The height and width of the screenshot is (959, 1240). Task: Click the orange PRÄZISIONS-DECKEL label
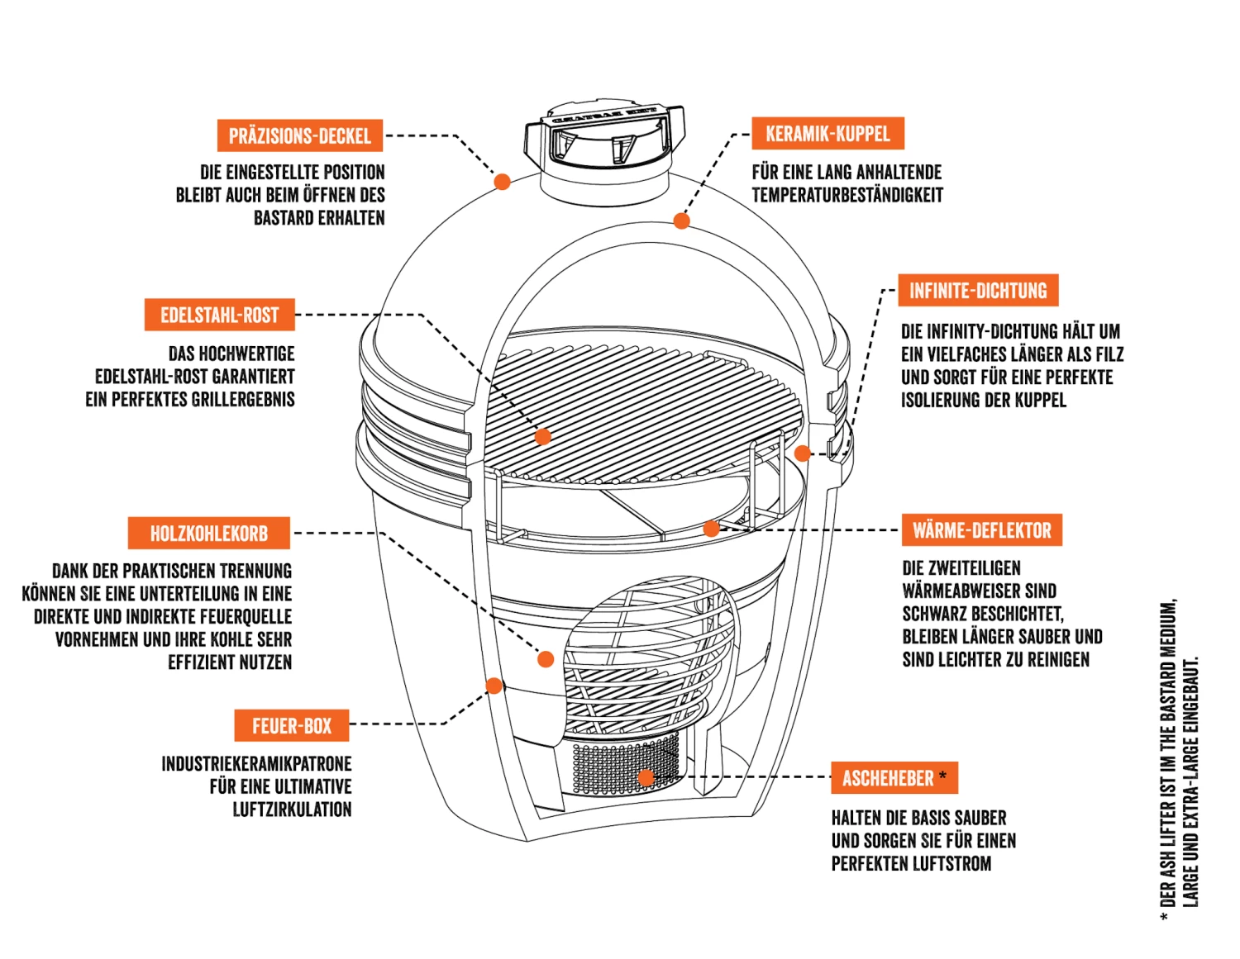pyautogui.click(x=299, y=135)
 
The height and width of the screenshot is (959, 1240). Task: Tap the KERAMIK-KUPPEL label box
pyautogui.click(x=827, y=134)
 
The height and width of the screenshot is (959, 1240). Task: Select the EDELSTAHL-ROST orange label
pyautogui.click(x=219, y=315)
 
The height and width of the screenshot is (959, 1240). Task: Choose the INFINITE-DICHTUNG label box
pyautogui.click(x=978, y=291)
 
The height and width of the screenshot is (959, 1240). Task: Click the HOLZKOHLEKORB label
pyautogui.click(x=208, y=534)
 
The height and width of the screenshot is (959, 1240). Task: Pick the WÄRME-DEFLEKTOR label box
pyautogui.click(x=981, y=530)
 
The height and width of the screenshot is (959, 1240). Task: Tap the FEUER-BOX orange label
pyautogui.click(x=291, y=726)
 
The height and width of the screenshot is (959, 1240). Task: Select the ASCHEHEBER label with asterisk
pyautogui.click(x=894, y=778)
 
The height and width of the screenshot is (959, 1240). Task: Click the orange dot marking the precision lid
pyautogui.click(x=502, y=181)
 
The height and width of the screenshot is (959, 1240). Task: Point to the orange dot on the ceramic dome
pyautogui.click(x=681, y=221)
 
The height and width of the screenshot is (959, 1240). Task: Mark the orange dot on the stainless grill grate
pyautogui.click(x=543, y=437)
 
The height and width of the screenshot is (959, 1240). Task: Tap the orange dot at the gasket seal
pyautogui.click(x=802, y=453)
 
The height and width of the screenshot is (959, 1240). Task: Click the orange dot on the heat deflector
pyautogui.click(x=711, y=529)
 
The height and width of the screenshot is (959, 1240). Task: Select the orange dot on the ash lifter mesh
pyautogui.click(x=646, y=777)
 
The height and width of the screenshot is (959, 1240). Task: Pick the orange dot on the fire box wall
pyautogui.click(x=494, y=686)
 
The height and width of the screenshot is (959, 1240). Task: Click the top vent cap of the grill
pyautogui.click(x=605, y=136)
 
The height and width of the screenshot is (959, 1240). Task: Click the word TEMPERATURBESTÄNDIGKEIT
pyautogui.click(x=847, y=195)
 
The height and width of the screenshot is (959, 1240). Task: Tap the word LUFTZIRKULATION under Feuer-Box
pyautogui.click(x=292, y=809)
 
